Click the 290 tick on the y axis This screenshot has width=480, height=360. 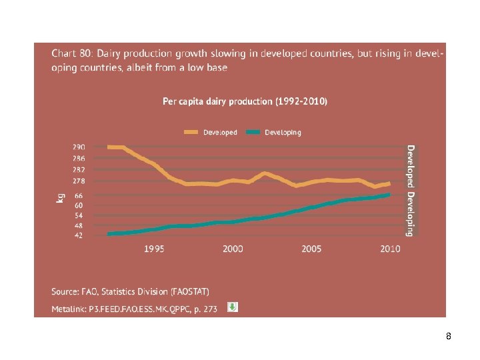79,147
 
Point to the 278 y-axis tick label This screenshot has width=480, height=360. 79,181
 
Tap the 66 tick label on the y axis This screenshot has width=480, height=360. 79,196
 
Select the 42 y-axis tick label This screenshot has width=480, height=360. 79,235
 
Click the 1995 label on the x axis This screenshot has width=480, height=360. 155,249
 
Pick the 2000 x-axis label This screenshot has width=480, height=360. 233,249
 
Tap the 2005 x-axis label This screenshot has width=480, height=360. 311,249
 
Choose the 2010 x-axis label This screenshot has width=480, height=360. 390,249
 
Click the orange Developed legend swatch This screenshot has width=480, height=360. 192,132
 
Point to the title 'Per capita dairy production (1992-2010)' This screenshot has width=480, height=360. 245,101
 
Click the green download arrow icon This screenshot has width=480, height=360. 233,307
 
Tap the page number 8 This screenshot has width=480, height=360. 449,337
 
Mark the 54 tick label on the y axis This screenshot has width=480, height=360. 79,215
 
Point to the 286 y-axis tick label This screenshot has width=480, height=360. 79,159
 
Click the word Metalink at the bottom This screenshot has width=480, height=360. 69,309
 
